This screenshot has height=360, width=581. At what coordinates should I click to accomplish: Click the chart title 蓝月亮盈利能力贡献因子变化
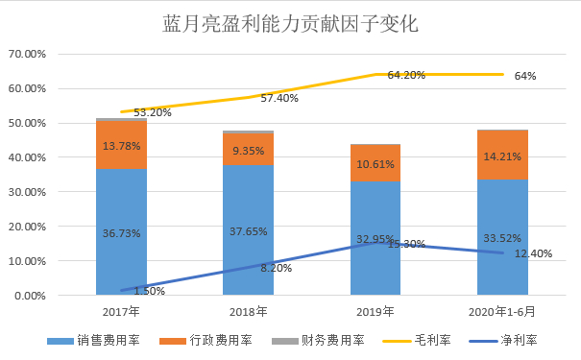[x=290, y=22]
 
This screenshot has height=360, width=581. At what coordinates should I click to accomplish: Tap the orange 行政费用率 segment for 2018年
[x=248, y=149]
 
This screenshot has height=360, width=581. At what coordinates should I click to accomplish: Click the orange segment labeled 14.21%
[x=502, y=154]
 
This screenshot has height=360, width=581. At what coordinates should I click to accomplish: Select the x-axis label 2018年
[x=248, y=312]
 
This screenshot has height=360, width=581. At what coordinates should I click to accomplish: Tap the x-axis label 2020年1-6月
[x=502, y=312]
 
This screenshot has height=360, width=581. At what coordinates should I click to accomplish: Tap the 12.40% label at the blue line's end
[x=534, y=252]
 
